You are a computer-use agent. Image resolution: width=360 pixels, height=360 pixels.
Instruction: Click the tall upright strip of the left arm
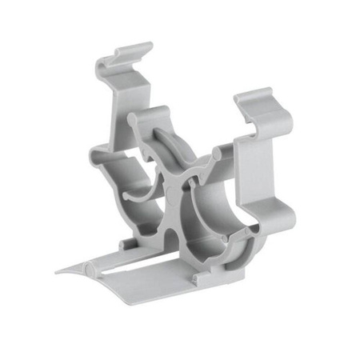[x=111, y=120]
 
